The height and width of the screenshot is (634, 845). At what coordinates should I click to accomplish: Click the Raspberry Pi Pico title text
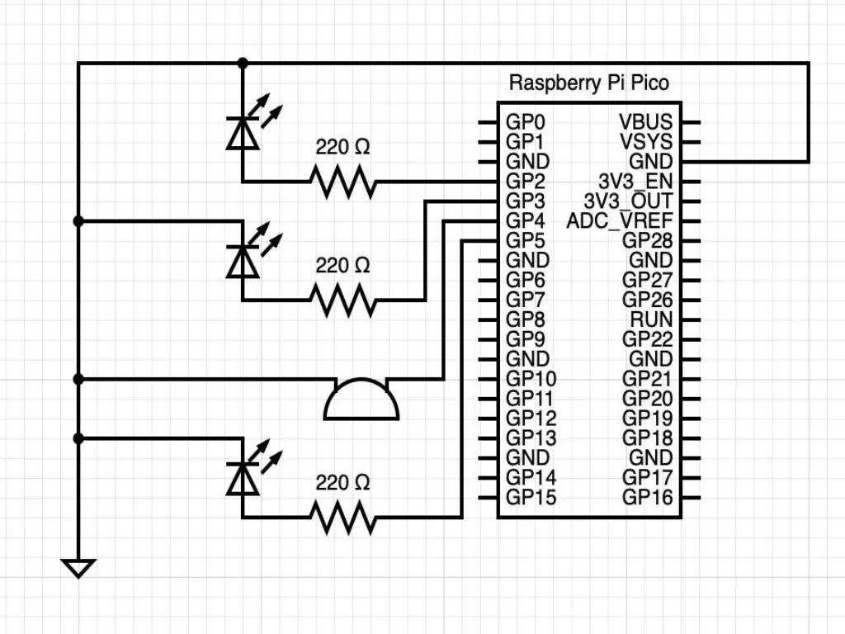pyautogui.click(x=588, y=83)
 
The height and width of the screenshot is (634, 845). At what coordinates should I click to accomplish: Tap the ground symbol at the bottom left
pyautogui.click(x=78, y=568)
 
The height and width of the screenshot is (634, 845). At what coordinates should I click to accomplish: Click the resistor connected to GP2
pyautogui.click(x=342, y=182)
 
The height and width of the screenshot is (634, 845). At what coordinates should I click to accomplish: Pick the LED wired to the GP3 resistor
pyautogui.click(x=242, y=261)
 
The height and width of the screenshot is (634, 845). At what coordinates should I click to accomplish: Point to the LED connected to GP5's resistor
pyautogui.click(x=242, y=478)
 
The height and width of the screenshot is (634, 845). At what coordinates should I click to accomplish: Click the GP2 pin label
pyautogui.click(x=525, y=182)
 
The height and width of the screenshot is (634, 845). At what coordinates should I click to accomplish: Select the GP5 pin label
pyautogui.click(x=525, y=241)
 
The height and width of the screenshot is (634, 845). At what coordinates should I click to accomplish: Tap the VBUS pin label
pyautogui.click(x=645, y=122)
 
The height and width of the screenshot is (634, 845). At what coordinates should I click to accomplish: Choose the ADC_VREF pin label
pyautogui.click(x=620, y=221)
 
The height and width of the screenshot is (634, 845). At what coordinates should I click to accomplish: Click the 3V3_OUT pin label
pyautogui.click(x=628, y=201)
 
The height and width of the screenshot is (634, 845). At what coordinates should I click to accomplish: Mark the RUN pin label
pyautogui.click(x=652, y=319)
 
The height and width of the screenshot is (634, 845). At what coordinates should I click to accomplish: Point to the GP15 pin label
pyautogui.click(x=531, y=498)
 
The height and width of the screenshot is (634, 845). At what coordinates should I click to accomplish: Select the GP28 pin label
pyautogui.click(x=647, y=241)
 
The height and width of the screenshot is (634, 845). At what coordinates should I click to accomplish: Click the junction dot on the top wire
pyautogui.click(x=242, y=63)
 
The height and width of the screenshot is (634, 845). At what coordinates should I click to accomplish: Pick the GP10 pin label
pyautogui.click(x=531, y=379)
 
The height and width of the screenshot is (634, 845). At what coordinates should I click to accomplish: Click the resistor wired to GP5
pyautogui.click(x=342, y=518)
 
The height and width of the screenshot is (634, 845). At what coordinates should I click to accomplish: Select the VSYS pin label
pyautogui.click(x=646, y=142)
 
